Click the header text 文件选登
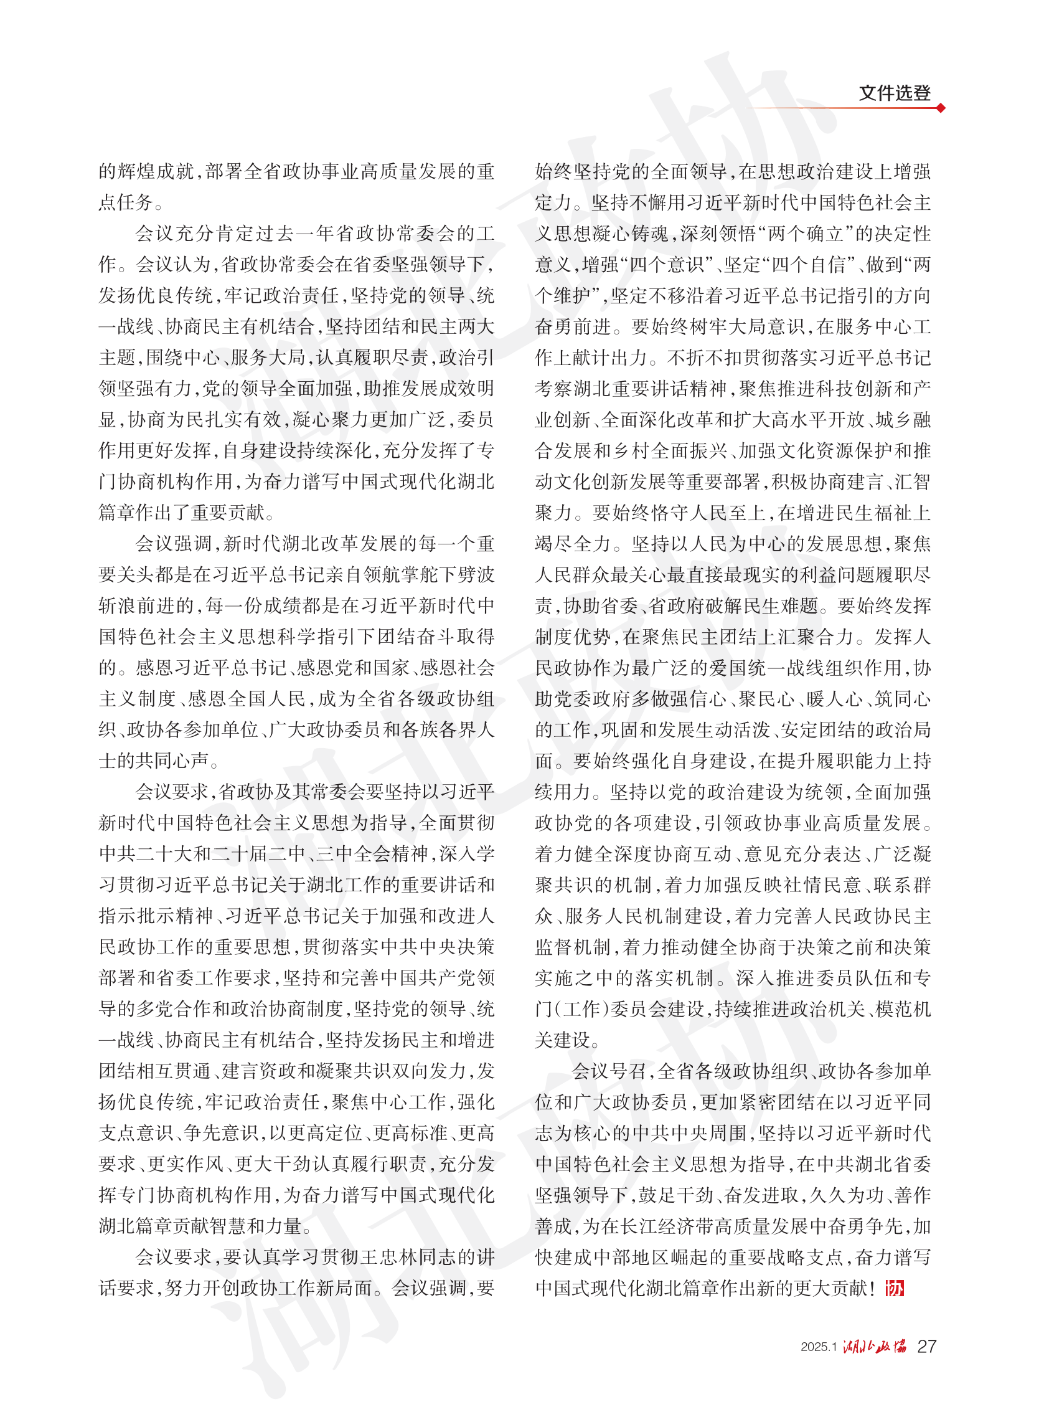[894, 93]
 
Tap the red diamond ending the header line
[941, 108]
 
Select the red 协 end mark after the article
[895, 1288]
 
